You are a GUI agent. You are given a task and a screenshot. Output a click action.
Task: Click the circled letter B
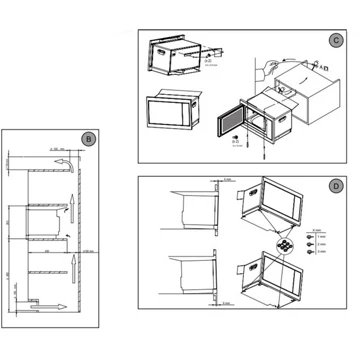pos(88,139)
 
